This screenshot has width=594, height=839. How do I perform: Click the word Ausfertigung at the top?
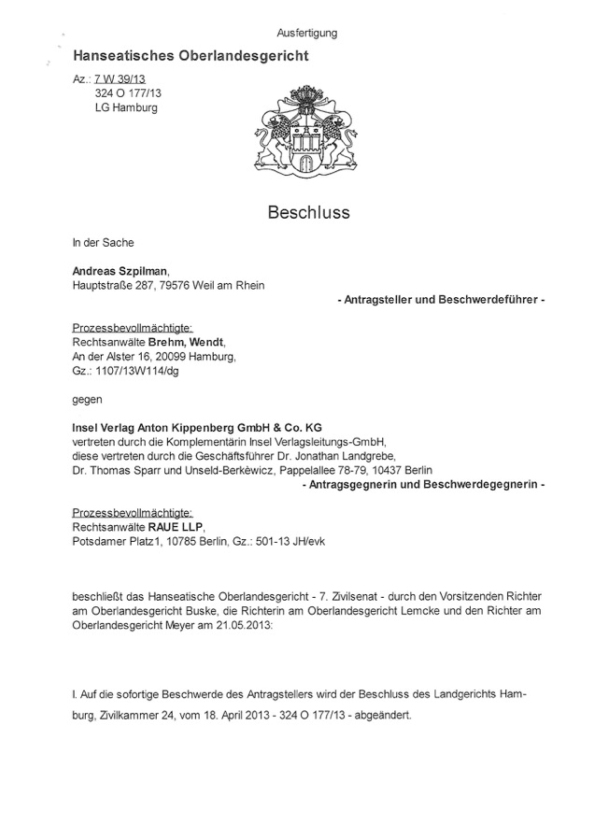(x=307, y=33)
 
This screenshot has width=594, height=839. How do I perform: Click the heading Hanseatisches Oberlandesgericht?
(x=191, y=57)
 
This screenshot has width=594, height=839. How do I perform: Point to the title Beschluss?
(x=308, y=212)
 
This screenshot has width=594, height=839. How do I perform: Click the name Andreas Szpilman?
(x=121, y=271)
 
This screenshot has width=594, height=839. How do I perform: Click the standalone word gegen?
(x=86, y=399)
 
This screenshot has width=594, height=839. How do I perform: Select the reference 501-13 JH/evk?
(x=287, y=542)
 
